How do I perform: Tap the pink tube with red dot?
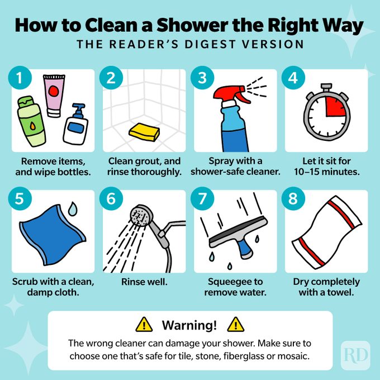pos(54,95)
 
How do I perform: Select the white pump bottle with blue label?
pos(75,124)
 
